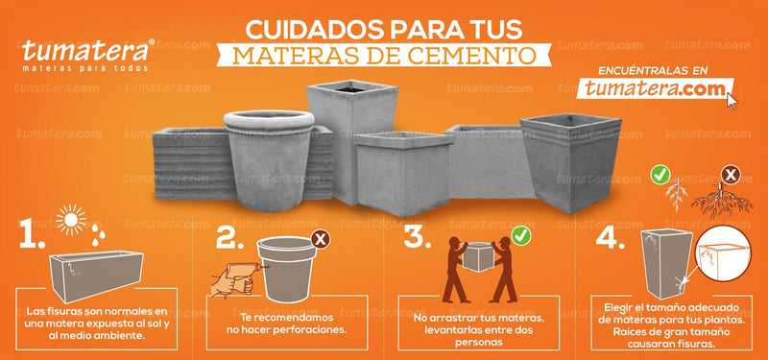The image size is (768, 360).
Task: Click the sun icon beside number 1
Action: click(71, 220)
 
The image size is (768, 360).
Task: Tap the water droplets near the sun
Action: click(98, 234)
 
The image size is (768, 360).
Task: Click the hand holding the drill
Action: click(233, 280)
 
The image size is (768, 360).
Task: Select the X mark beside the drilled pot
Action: click(321, 239)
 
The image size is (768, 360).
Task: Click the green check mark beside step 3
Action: click(520, 236)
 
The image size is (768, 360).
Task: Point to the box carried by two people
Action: click(477, 257)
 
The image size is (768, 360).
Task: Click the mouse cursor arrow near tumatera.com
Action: click(732, 101)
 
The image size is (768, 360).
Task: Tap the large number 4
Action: click(610, 239)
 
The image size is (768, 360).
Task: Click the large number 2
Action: click(229, 238)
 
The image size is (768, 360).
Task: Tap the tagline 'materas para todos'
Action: click(84, 67)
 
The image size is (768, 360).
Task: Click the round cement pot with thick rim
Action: click(269, 160)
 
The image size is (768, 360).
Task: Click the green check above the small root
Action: click(660, 176)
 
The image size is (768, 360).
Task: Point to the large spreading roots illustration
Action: click(722, 200)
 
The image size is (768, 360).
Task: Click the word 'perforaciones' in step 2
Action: click(314, 329)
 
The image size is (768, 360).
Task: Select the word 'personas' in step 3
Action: click(477, 343)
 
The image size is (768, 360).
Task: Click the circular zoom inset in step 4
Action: click(724, 253)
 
